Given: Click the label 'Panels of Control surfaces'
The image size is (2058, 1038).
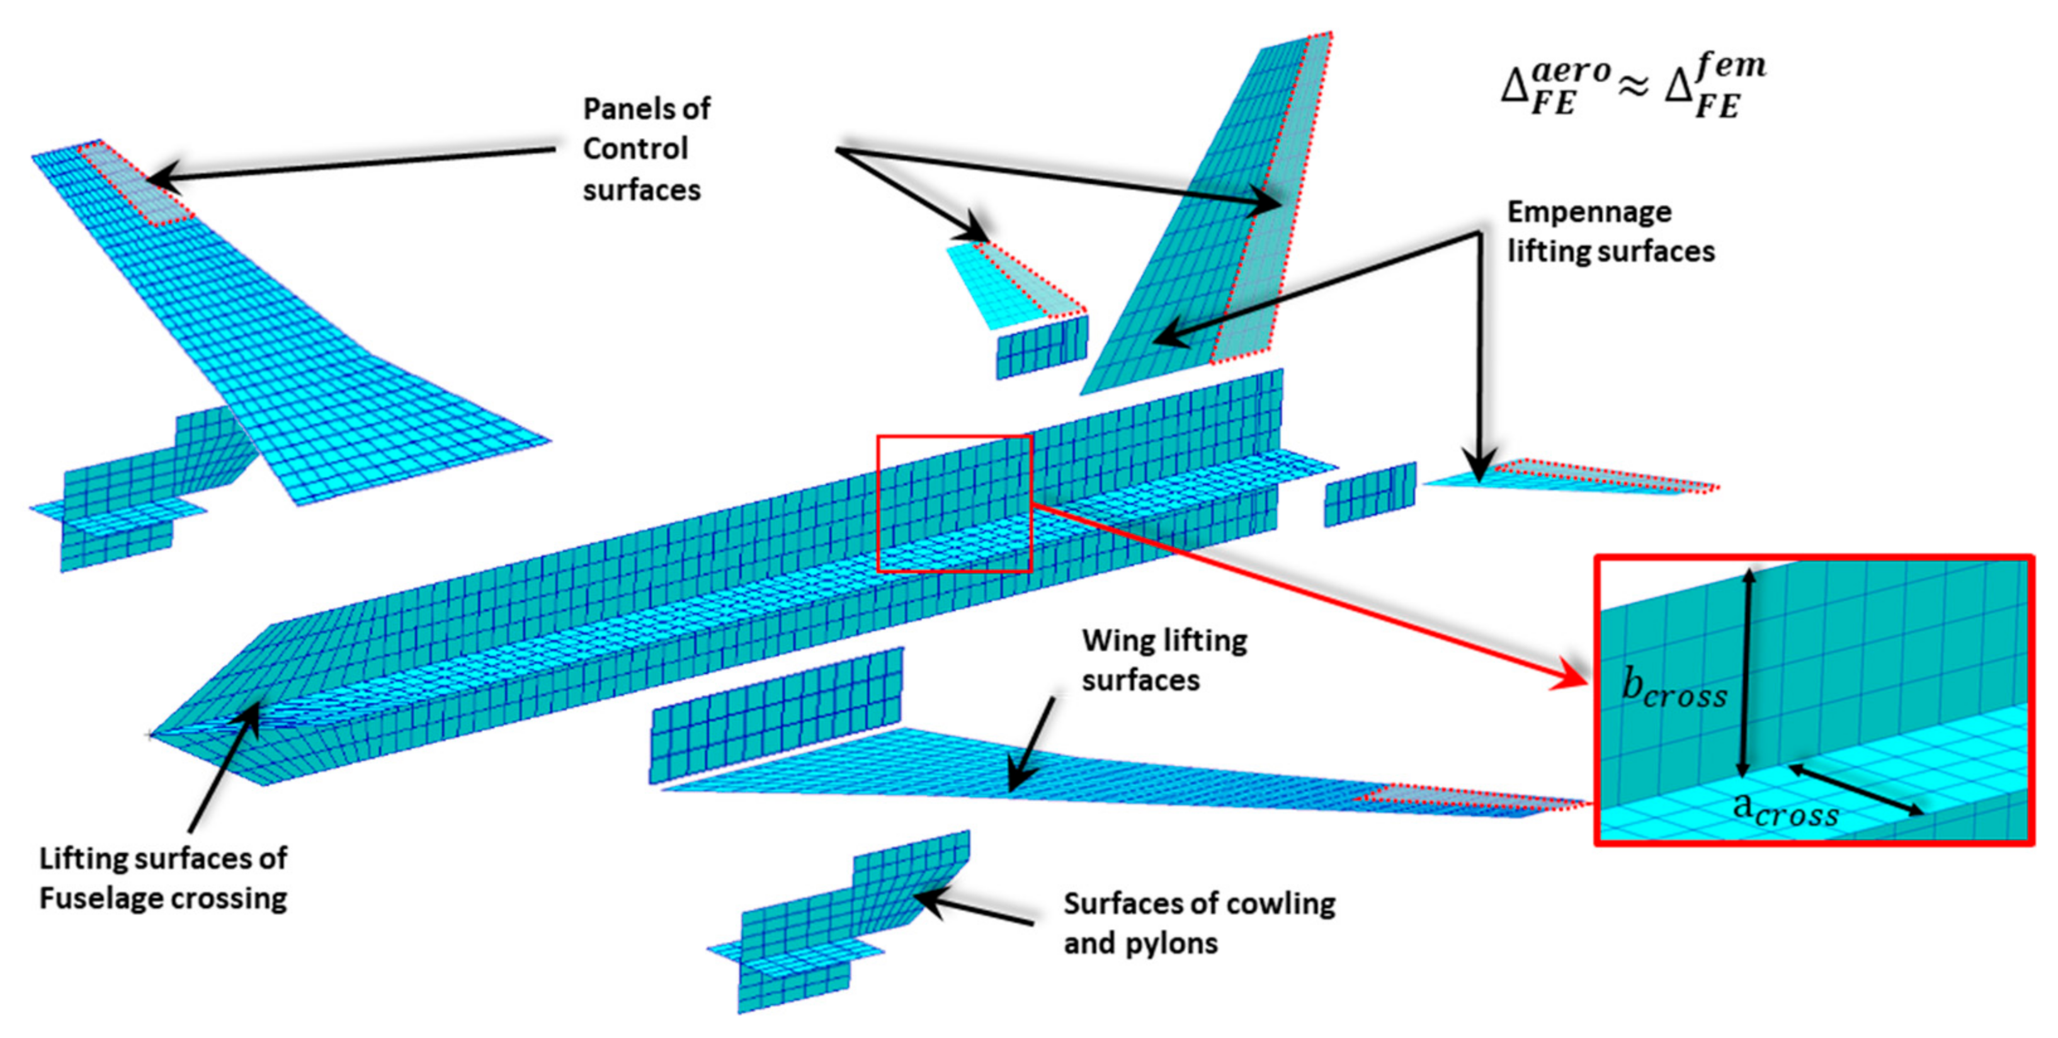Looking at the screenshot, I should pos(645,149).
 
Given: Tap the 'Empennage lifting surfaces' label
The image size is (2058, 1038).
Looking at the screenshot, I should pos(1610,232).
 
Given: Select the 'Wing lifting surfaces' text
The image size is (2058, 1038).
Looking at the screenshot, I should pos(1164,660).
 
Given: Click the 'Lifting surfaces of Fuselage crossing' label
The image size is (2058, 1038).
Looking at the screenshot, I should pos(163,878).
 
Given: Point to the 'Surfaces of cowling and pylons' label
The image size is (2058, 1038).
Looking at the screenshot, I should pos(1198,923).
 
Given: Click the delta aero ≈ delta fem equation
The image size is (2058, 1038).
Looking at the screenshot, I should pos(1633,88).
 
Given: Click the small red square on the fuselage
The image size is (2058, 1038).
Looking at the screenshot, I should pos(955,503).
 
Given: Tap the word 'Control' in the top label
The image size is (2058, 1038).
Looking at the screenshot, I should pos(635,149).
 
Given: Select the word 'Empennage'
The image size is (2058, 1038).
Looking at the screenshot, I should pos(1588,212).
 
